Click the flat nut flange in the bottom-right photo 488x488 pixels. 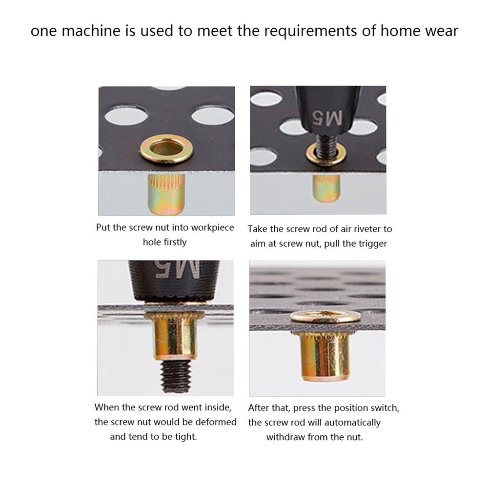(325, 316)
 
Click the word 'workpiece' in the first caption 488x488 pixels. (212, 228)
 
